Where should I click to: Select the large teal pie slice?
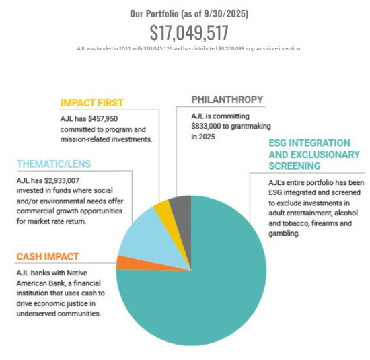[202, 283]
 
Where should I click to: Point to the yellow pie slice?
[162, 209]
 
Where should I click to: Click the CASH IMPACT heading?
[47, 256]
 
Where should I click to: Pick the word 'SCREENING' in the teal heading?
[295, 166]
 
